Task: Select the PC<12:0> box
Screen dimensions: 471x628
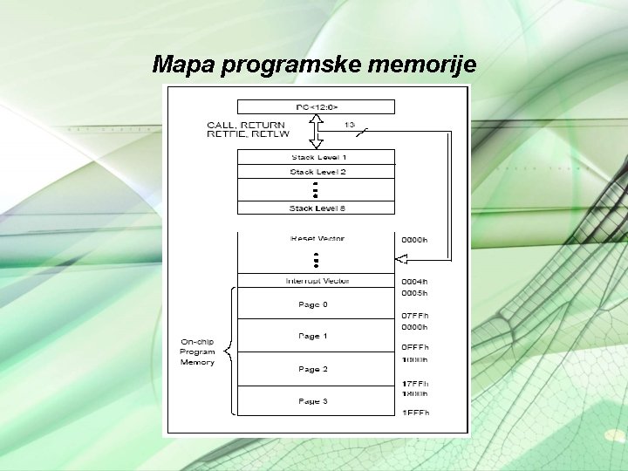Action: tap(316, 106)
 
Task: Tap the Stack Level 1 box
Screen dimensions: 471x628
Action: tap(316, 157)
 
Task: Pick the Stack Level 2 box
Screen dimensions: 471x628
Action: tap(316, 172)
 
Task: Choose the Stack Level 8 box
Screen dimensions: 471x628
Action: tap(316, 208)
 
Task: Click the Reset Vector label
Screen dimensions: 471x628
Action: tap(317, 239)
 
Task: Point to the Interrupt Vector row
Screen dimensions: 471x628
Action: tap(317, 281)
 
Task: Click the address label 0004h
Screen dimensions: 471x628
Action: tap(414, 281)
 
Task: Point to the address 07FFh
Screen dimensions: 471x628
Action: tap(414, 315)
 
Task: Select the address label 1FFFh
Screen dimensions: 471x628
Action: tap(414, 412)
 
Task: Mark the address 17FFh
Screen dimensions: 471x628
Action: tap(414, 382)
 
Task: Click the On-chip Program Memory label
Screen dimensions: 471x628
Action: tap(197, 352)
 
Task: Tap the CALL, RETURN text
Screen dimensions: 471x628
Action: tap(246, 125)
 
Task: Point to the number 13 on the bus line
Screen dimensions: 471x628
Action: tap(349, 125)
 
